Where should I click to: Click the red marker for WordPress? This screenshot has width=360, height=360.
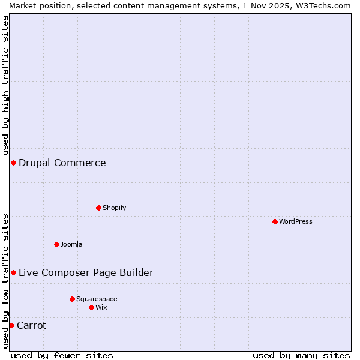(x=275, y=221)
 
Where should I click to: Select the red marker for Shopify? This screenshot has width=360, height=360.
(x=98, y=208)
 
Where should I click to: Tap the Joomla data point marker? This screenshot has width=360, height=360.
(x=56, y=244)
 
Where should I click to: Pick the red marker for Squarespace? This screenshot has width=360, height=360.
(x=72, y=299)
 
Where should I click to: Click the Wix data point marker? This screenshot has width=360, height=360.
(x=91, y=307)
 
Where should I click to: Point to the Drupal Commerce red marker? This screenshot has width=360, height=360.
(x=13, y=163)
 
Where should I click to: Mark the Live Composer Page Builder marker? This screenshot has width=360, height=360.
(x=13, y=272)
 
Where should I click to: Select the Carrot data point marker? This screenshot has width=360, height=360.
(x=11, y=325)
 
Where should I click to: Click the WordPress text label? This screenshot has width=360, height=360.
(x=296, y=221)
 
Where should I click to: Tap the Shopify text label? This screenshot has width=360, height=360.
(x=114, y=208)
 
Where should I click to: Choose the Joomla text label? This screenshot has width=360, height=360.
(x=71, y=244)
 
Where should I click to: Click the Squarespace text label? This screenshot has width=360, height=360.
(x=97, y=299)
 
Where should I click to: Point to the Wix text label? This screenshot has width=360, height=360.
(x=101, y=307)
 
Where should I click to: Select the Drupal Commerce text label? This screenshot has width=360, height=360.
(x=62, y=163)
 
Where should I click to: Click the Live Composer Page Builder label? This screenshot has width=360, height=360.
(x=86, y=272)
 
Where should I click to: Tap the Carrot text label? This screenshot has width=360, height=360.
(x=32, y=325)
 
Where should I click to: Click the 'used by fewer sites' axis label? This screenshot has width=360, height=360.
(x=62, y=355)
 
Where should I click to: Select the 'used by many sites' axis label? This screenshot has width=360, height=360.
(x=301, y=355)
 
